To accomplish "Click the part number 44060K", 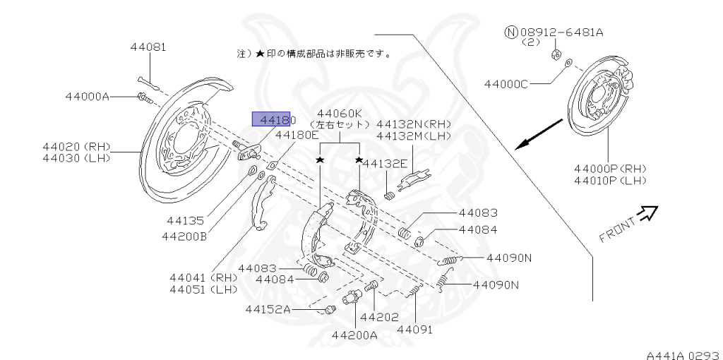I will [340, 113].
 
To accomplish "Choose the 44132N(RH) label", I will [414, 124].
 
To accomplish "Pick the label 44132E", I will [385, 164].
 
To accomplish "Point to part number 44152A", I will [268, 308].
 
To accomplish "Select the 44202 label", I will [380, 318].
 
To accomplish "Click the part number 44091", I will [414, 329].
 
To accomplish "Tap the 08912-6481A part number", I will [563, 32].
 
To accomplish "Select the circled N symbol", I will [511, 32].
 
